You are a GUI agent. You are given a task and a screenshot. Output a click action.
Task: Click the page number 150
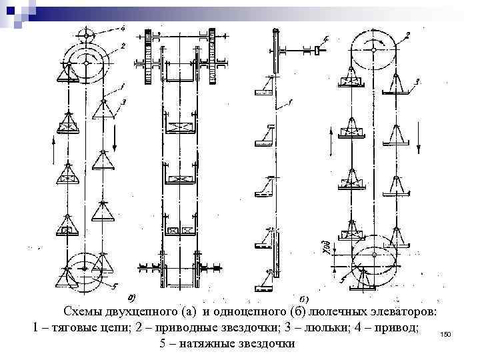tap(446, 332)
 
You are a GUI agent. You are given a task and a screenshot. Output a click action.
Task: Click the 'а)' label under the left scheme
tap(131, 297)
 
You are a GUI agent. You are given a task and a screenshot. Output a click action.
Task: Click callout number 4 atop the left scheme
tap(122, 28)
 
